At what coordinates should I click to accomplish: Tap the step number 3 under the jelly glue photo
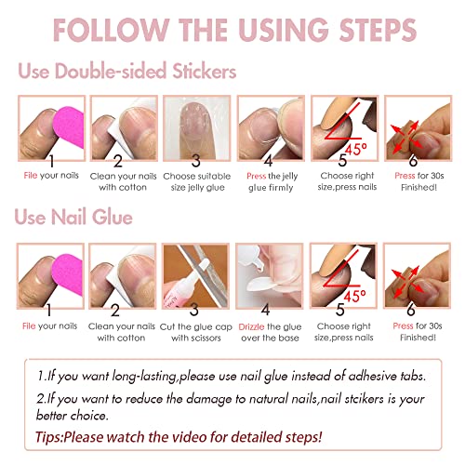[x=195, y=159]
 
